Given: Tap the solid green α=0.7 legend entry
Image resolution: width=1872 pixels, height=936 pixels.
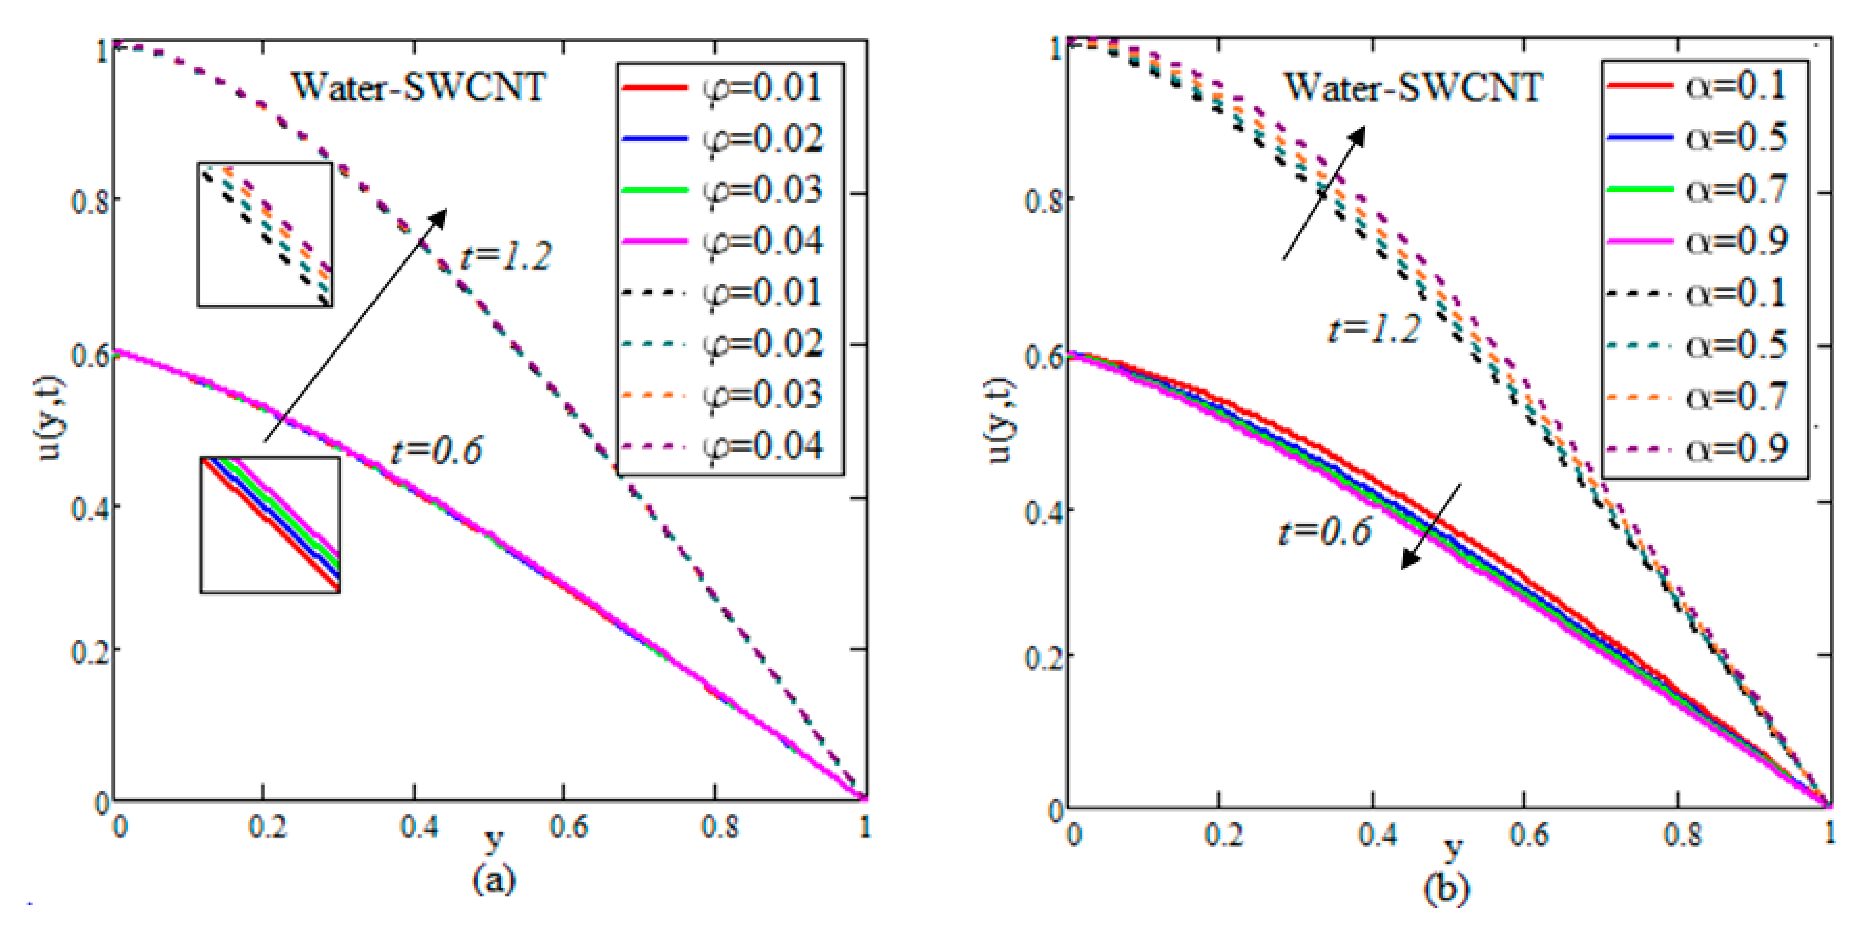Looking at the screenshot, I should point(1697,189).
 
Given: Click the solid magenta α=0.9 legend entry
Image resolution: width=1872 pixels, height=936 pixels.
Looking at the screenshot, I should point(1697,240).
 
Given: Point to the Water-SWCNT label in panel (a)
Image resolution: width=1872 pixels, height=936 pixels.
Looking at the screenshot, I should point(419,87).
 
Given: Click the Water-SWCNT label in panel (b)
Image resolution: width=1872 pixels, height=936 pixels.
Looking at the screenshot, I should point(1413,87).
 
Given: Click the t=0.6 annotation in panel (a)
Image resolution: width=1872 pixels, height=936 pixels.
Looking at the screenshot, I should point(436,451).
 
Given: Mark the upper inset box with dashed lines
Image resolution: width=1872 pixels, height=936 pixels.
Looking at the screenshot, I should point(265,234).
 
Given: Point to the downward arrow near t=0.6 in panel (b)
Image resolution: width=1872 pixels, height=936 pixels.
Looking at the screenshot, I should point(1430,526).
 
